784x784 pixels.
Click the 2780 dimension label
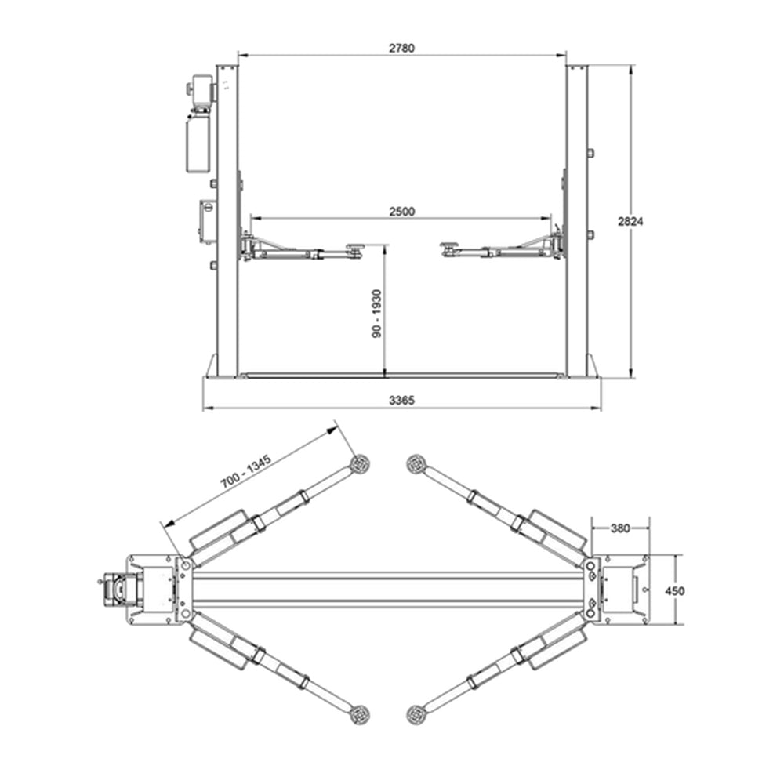(401, 48)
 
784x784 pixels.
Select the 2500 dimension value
(401, 212)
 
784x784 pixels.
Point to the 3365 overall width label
(401, 400)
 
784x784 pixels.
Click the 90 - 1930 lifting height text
(377, 314)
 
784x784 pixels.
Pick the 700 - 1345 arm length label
(245, 472)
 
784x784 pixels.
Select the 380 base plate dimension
(619, 528)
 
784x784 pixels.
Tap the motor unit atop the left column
(201, 90)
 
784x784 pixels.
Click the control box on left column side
(209, 222)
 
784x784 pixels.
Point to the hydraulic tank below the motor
(198, 144)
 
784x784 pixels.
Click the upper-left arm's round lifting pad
(360, 464)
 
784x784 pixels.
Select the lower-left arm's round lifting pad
(360, 713)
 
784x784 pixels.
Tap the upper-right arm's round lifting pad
(416, 464)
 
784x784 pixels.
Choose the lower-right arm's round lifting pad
(416, 713)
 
